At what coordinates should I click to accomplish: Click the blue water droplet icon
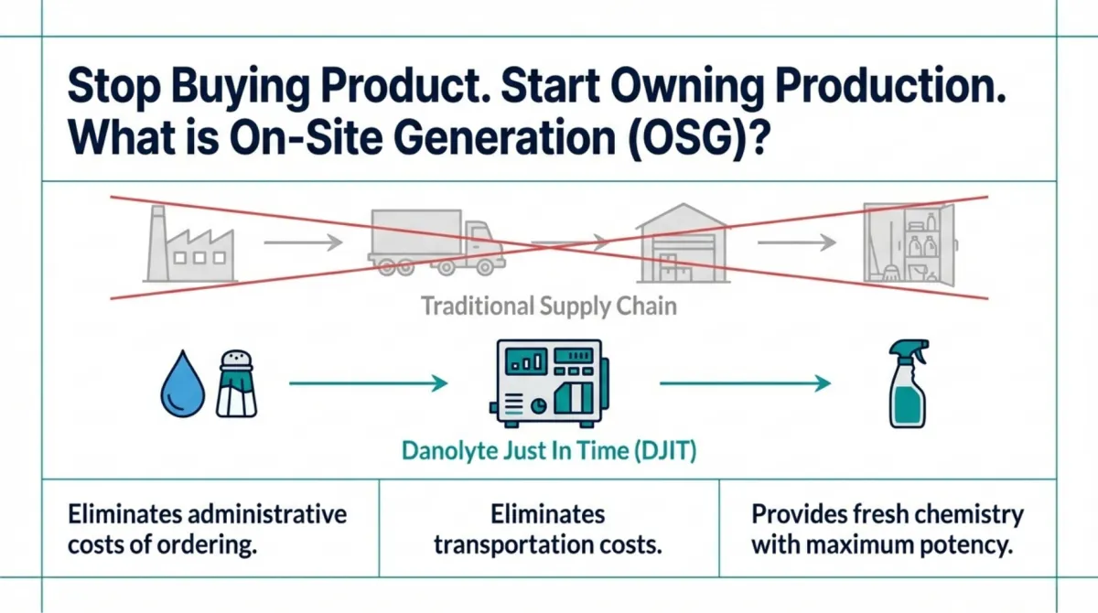[180, 385]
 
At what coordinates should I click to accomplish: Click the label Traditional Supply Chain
[548, 306]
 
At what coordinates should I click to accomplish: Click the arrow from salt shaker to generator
[368, 384]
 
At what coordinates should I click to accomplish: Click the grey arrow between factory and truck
[302, 243]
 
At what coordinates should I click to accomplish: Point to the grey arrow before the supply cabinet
[796, 242]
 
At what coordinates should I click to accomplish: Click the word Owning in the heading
[680, 94]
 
